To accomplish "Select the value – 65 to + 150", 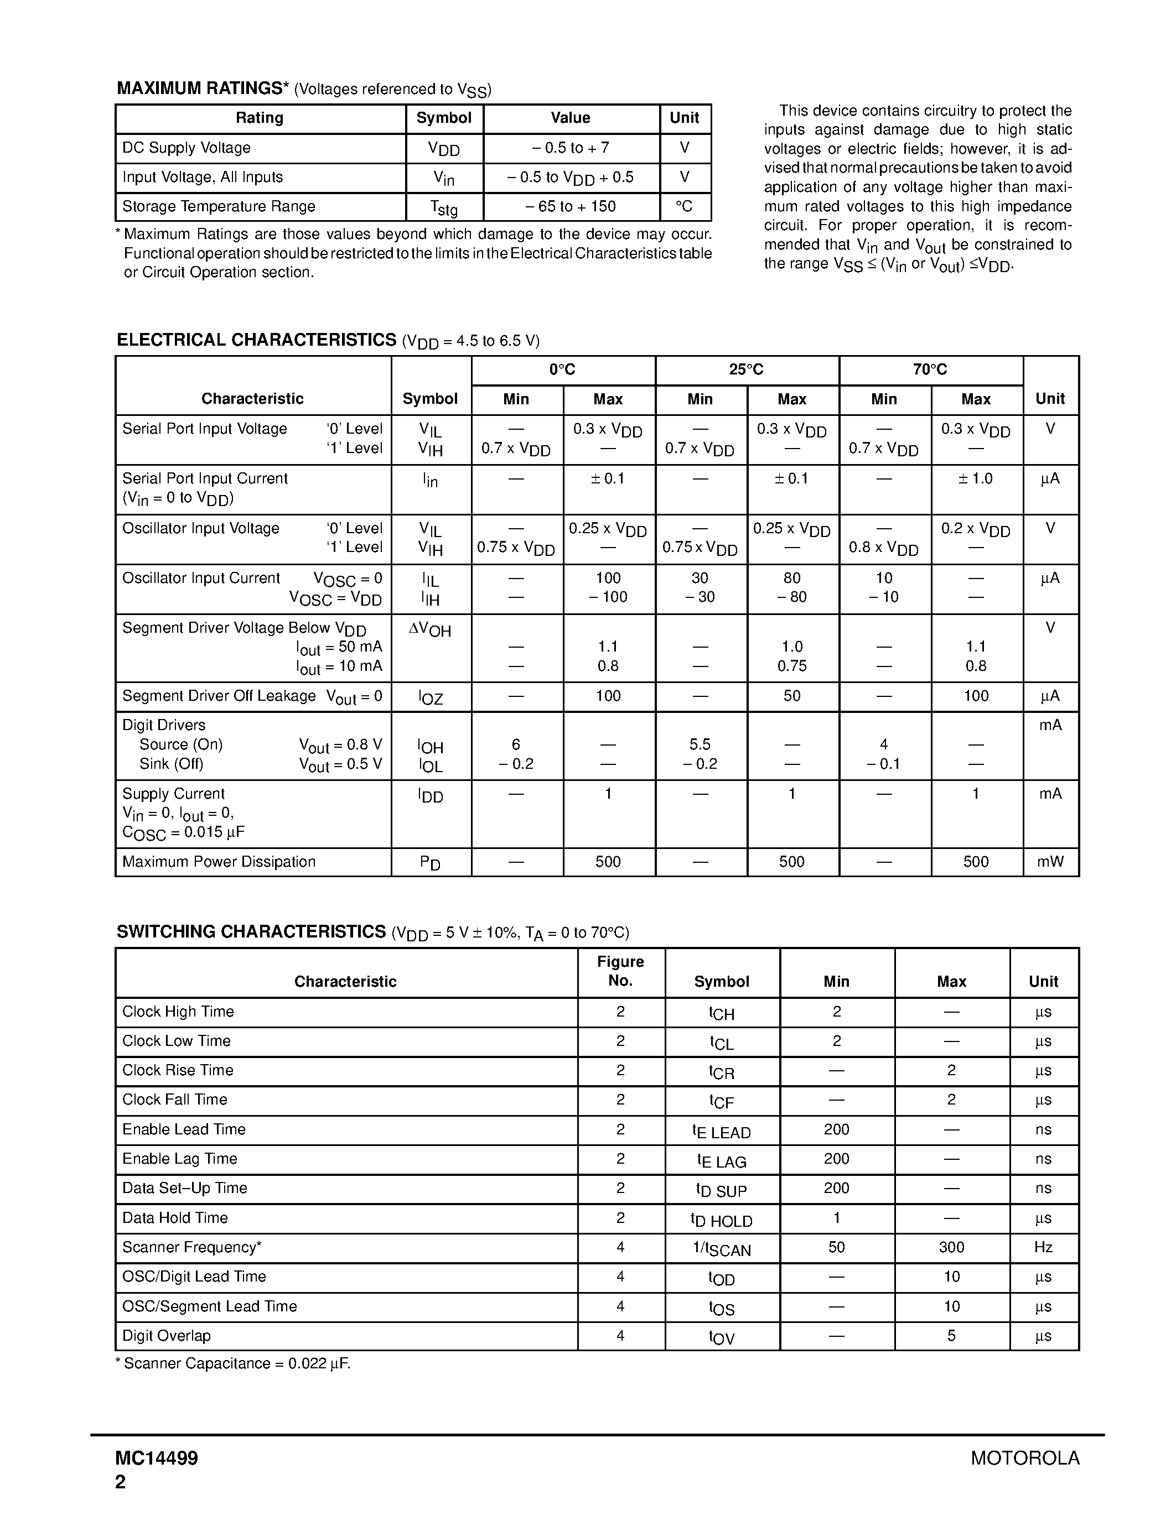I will pyautogui.click(x=571, y=207).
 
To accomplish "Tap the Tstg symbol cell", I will pyautogui.click(x=444, y=207).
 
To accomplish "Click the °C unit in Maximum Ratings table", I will pyautogui.click(x=684, y=207).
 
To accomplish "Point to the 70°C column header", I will pyautogui.click(x=930, y=370).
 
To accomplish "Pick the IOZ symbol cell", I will pyautogui.click(x=431, y=697).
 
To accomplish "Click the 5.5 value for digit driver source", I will pyautogui.click(x=700, y=744).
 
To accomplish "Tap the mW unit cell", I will pyautogui.click(x=1050, y=862).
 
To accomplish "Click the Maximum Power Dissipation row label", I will pyautogui.click(x=219, y=862).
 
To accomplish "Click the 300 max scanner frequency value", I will pyautogui.click(x=951, y=1247).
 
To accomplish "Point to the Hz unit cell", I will pyautogui.click(x=1043, y=1247).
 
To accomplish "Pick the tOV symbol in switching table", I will pyautogui.click(x=722, y=1337).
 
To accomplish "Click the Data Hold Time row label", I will pyautogui.click(x=175, y=1218).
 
